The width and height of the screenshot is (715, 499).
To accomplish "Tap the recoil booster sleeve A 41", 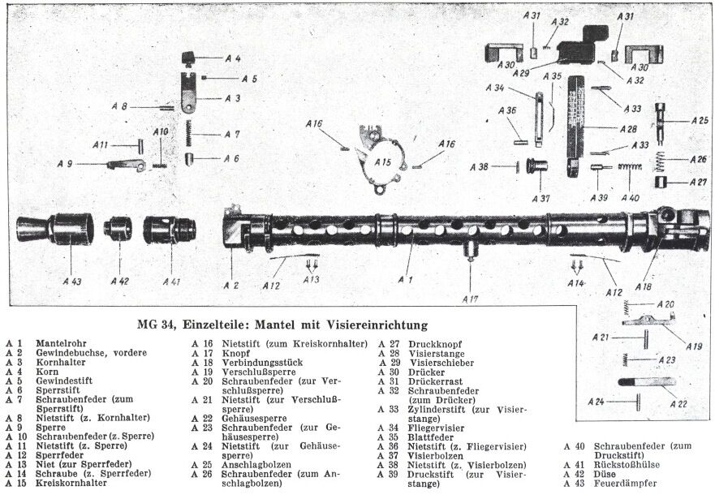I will point(167,229).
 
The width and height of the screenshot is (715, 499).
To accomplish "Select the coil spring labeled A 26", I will point(663,158).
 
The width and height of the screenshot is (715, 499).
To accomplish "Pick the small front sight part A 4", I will point(189,58).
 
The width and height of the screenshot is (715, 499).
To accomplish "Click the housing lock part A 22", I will point(645,381).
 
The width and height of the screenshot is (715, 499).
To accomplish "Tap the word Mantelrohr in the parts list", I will point(62,344).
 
